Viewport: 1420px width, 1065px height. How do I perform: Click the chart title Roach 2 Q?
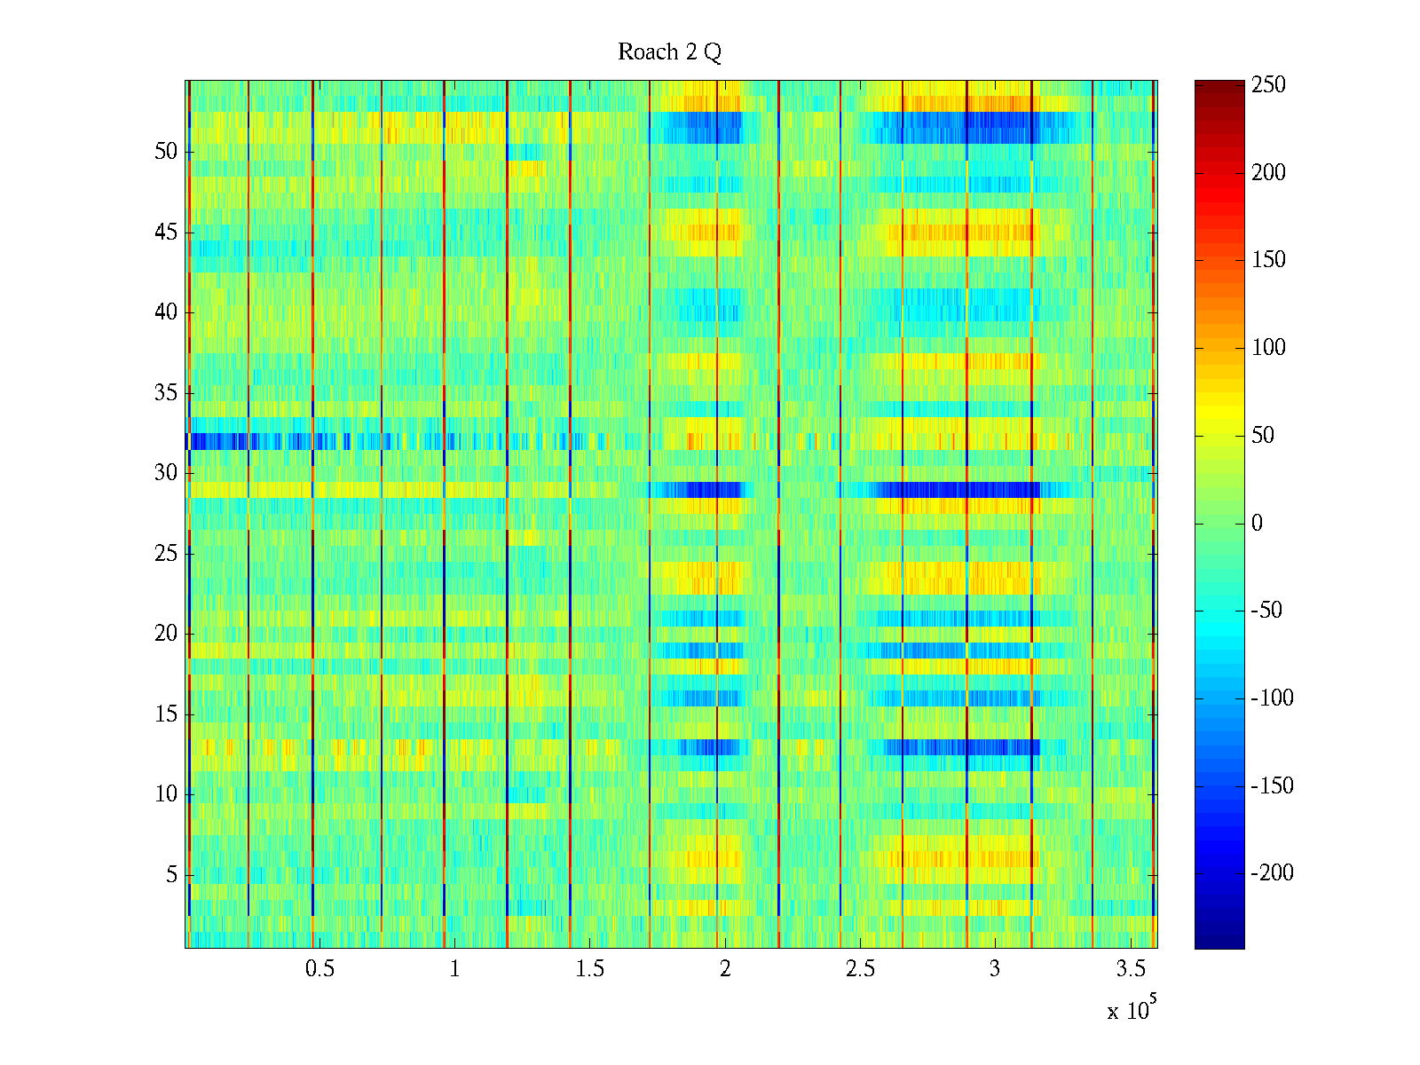click(x=669, y=52)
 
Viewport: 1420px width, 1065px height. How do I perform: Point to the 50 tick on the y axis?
click(x=166, y=152)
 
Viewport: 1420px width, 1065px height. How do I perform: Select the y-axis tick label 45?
click(x=166, y=233)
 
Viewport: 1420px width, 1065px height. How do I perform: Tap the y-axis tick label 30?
click(x=166, y=473)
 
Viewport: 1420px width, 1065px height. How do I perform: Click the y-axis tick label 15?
click(x=166, y=714)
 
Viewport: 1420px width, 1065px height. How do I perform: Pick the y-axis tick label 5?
click(x=171, y=875)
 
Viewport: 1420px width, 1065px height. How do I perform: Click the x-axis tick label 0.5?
click(x=319, y=969)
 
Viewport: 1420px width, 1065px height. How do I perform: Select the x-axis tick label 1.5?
click(x=589, y=969)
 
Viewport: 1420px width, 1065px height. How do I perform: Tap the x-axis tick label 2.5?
click(x=859, y=969)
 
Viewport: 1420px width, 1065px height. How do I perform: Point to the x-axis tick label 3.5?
click(x=1130, y=969)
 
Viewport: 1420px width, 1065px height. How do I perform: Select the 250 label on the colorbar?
click(x=1268, y=85)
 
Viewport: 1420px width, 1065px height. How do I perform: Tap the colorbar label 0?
click(x=1257, y=524)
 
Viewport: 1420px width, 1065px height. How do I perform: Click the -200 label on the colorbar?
click(x=1272, y=873)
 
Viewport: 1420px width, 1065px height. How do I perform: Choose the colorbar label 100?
click(x=1268, y=348)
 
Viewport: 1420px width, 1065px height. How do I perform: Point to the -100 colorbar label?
click(x=1272, y=698)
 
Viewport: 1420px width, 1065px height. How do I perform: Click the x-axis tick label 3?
click(x=994, y=969)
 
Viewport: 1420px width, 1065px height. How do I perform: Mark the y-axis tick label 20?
click(x=166, y=634)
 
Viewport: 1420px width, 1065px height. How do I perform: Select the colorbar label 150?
click(x=1268, y=260)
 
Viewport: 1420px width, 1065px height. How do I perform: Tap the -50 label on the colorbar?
click(x=1267, y=611)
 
